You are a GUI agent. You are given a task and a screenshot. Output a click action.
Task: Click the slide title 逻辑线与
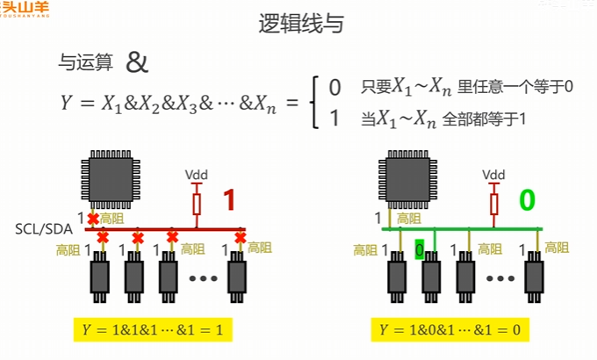pyautogui.click(x=298, y=25)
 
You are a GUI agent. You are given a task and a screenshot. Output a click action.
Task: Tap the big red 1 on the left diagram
pyautogui.click(x=229, y=201)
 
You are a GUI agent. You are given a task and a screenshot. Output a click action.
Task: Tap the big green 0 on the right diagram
pyautogui.click(x=527, y=200)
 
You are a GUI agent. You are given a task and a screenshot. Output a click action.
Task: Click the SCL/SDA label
pyautogui.click(x=45, y=229)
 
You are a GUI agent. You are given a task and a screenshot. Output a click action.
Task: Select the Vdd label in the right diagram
pyautogui.click(x=494, y=175)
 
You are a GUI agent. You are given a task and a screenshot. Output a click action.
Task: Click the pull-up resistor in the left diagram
pyautogui.click(x=197, y=204)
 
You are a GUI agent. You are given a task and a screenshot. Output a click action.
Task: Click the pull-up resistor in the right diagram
pyautogui.click(x=494, y=204)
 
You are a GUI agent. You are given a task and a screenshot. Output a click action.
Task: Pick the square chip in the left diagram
pyautogui.click(x=109, y=179)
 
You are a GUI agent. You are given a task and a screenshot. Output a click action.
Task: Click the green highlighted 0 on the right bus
pyautogui.click(x=420, y=250)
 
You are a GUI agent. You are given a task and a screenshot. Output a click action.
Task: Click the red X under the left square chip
pyautogui.click(x=92, y=218)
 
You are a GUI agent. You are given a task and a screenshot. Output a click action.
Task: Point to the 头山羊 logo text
pyautogui.click(x=26, y=8)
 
